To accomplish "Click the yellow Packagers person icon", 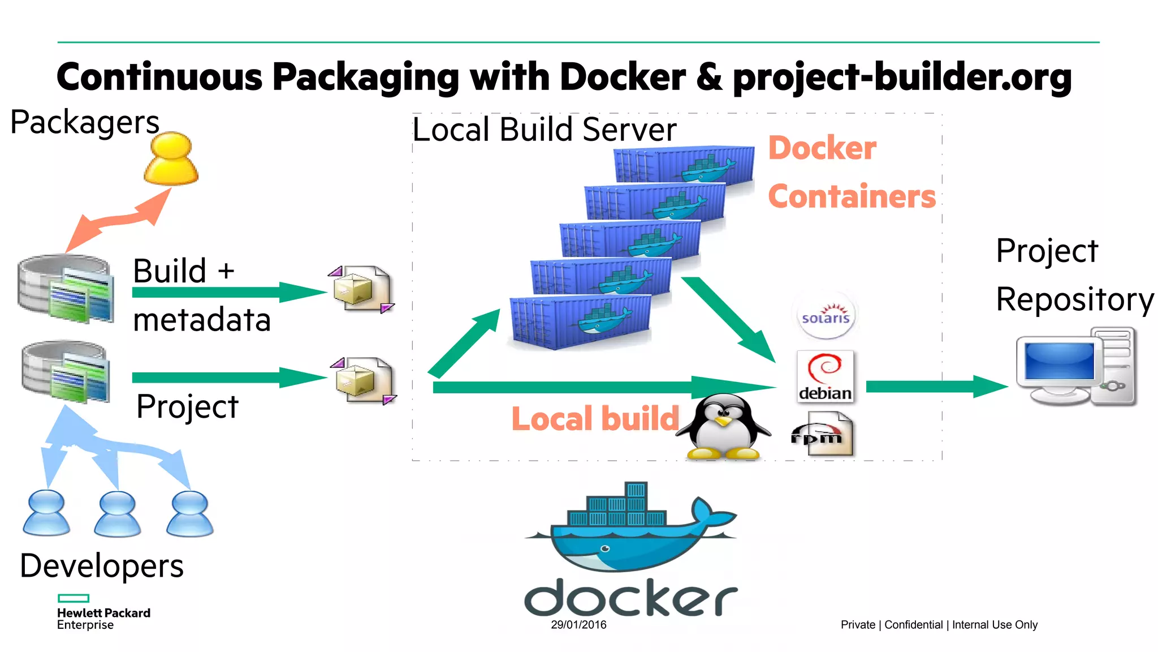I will [x=171, y=159].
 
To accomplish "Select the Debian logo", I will [x=825, y=376].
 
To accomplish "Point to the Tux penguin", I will [x=723, y=428].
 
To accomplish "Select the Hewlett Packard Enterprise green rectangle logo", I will [x=74, y=598].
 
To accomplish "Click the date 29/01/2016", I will [x=578, y=625].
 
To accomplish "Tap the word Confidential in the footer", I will [x=913, y=625].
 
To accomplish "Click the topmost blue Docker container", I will [x=684, y=165].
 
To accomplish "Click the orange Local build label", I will [x=595, y=419].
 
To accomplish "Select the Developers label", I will [x=102, y=566].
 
